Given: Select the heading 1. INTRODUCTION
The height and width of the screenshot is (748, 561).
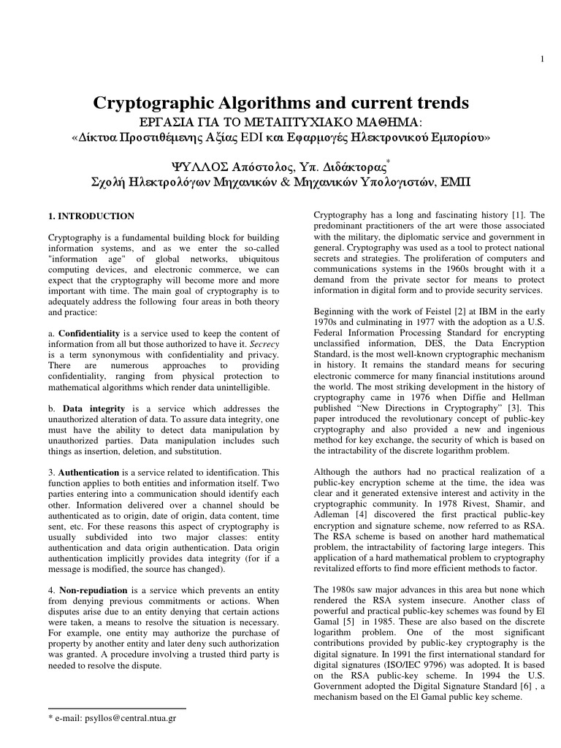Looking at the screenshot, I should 91,216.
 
